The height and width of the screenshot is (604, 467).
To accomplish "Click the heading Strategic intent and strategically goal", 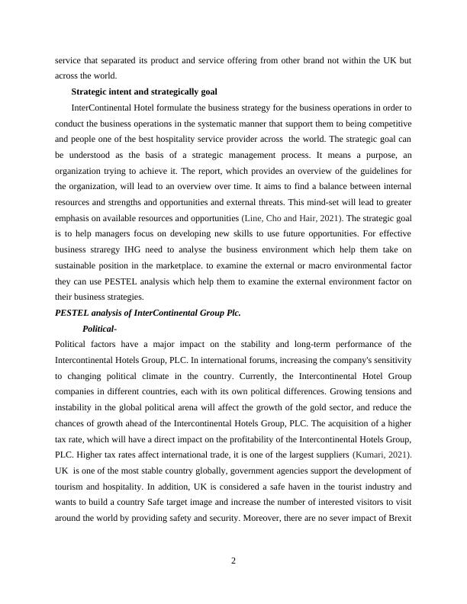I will click(x=143, y=92).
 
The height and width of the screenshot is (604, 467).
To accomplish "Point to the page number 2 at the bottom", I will click(x=233, y=561).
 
